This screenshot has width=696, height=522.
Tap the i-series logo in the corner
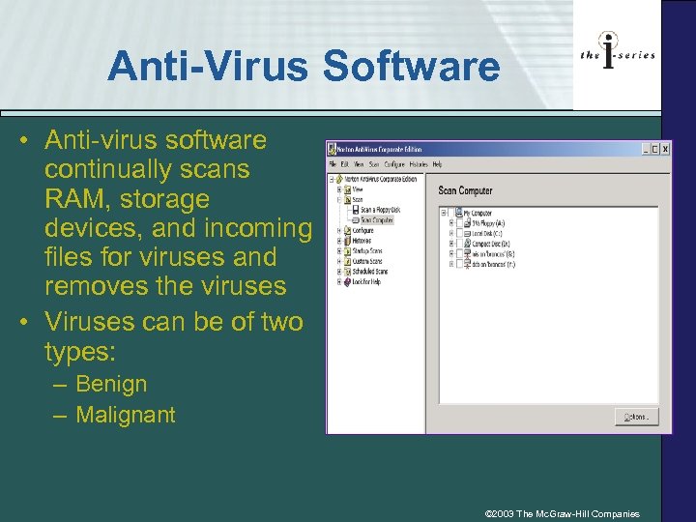(x=617, y=54)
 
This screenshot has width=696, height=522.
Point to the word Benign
(x=111, y=384)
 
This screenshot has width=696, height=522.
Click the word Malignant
(x=126, y=415)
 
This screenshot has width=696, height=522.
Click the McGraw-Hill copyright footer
(x=563, y=513)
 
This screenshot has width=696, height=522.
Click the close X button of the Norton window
(x=664, y=150)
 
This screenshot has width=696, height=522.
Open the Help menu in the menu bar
(x=438, y=165)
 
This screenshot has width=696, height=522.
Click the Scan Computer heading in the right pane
(x=465, y=190)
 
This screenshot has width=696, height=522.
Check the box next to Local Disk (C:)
(x=460, y=232)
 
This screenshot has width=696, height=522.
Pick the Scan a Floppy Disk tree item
(x=380, y=210)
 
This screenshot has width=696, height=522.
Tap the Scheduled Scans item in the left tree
(x=367, y=271)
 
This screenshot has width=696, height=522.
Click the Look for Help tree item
(x=365, y=281)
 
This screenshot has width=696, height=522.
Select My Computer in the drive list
(x=478, y=213)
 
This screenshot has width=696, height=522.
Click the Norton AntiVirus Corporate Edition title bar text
(x=378, y=150)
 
